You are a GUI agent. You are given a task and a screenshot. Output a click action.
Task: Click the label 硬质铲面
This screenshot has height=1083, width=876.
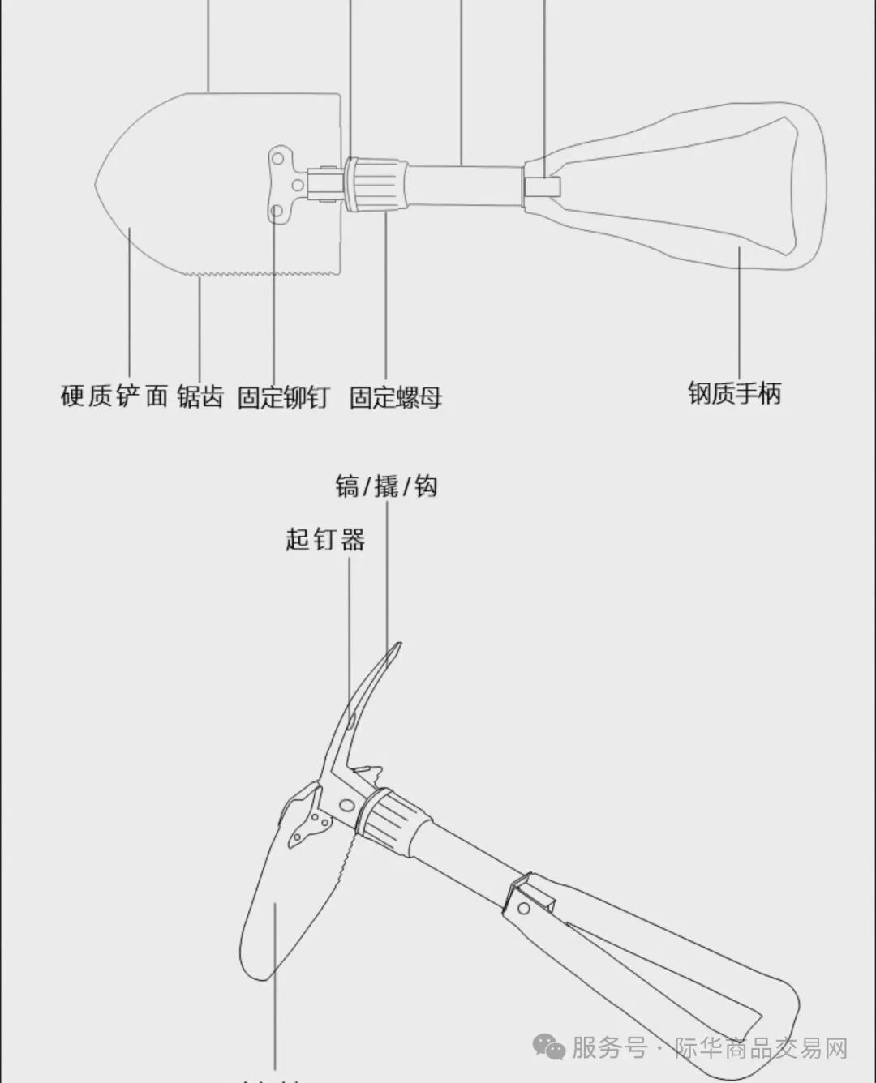point(114,396)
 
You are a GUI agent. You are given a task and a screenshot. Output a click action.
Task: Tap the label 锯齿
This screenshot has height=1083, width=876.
point(200,397)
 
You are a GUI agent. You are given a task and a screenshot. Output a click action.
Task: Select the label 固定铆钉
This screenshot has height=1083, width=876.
point(283,397)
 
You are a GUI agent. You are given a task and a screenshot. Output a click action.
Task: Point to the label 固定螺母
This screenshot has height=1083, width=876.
point(395,397)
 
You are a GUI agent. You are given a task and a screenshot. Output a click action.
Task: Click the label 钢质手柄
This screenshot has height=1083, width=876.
point(734,393)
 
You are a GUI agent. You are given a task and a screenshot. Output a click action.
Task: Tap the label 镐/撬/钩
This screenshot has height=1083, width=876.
point(386,486)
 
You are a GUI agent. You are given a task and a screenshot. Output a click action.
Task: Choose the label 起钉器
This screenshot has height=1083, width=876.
point(324,539)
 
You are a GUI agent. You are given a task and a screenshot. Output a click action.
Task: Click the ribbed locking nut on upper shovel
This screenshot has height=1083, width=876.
point(377,184)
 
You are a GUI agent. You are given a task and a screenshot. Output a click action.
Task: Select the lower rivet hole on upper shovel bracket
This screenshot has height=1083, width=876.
point(277,212)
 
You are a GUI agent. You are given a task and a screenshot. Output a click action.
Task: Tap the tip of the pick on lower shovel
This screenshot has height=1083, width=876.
point(397,646)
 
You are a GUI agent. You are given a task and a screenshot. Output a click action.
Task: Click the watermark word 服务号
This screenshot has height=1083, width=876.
point(608,1048)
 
